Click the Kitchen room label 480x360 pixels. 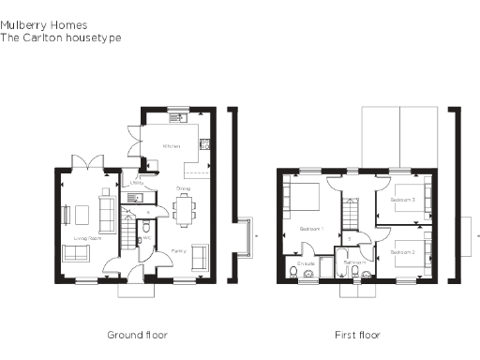coord(172,147)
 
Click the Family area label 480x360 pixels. coord(178,251)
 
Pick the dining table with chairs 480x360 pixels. coord(182,208)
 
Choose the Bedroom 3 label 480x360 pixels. coord(402,201)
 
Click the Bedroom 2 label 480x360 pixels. coord(402,252)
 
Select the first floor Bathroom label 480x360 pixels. coord(354,262)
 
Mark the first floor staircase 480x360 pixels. coord(352,214)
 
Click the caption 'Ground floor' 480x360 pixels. coord(137,335)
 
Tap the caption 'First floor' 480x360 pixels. coord(357,335)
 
